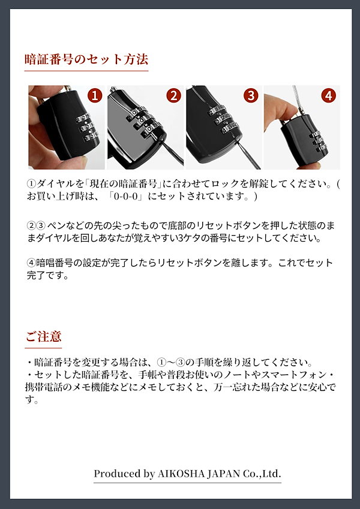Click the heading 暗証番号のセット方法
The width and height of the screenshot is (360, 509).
[x=86, y=59]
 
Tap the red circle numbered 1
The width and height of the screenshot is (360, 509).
[x=94, y=95]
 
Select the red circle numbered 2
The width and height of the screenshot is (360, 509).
[x=173, y=95]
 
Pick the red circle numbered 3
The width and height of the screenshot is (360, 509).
[x=251, y=95]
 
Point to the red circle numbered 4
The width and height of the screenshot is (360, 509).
[x=328, y=95]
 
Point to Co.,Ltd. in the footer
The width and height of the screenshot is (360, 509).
[x=265, y=474]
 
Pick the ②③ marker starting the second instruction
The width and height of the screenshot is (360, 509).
[x=37, y=225]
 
